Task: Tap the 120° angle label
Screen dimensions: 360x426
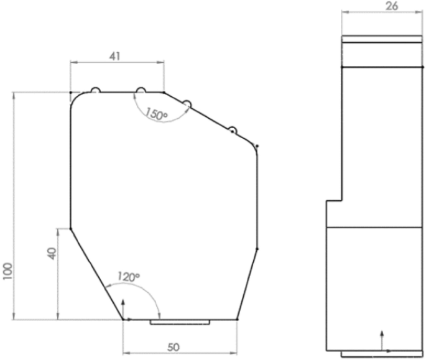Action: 128,277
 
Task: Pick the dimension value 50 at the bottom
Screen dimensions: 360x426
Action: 179,346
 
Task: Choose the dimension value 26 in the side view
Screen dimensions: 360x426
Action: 392,7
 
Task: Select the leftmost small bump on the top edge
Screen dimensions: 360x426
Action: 95,90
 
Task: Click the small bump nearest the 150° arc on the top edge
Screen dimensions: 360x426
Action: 141,90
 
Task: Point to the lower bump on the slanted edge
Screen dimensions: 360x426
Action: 231,129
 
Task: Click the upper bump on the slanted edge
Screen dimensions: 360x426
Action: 185,103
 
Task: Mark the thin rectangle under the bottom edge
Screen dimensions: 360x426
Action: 180,322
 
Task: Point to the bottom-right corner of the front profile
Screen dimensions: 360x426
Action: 238,319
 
